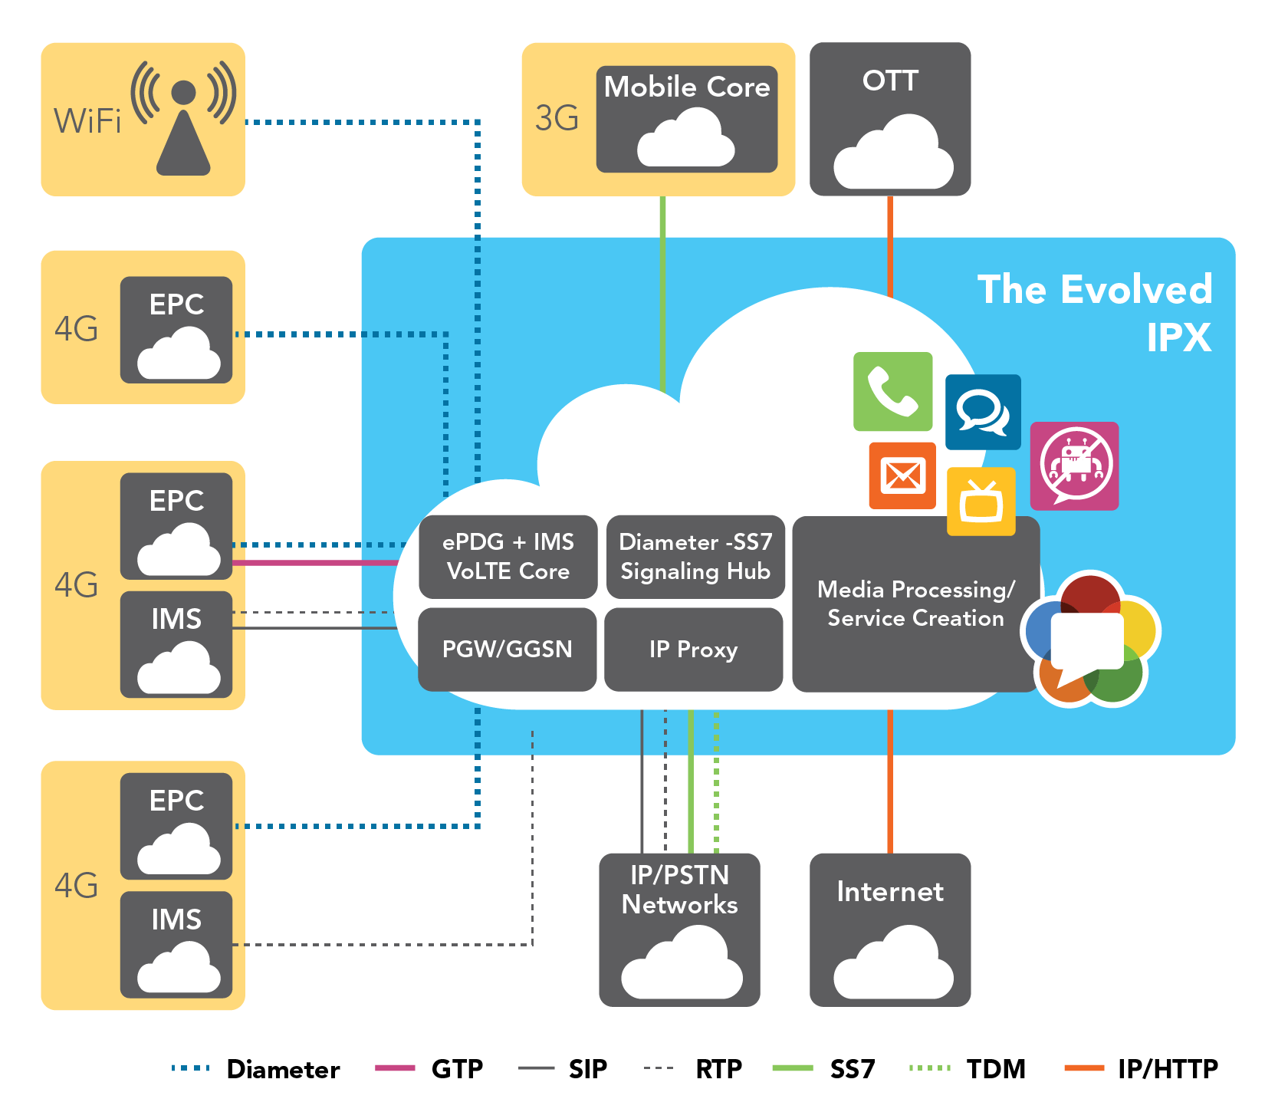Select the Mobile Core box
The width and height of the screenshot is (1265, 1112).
click(686, 120)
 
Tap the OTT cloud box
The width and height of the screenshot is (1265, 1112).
click(890, 120)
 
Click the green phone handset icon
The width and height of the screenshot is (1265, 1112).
click(892, 391)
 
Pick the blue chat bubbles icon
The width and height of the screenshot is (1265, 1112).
click(982, 412)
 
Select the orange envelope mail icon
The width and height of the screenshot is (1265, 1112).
click(902, 475)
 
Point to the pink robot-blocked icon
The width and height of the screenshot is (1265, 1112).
click(1074, 466)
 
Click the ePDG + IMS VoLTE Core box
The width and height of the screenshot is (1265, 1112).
click(508, 557)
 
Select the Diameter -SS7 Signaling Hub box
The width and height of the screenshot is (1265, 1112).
click(695, 557)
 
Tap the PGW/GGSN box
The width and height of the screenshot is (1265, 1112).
click(507, 650)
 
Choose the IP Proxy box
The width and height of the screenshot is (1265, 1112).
click(693, 650)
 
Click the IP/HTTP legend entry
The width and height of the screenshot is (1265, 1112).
click(1142, 1068)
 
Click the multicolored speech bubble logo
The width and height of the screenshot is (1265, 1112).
click(1090, 638)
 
